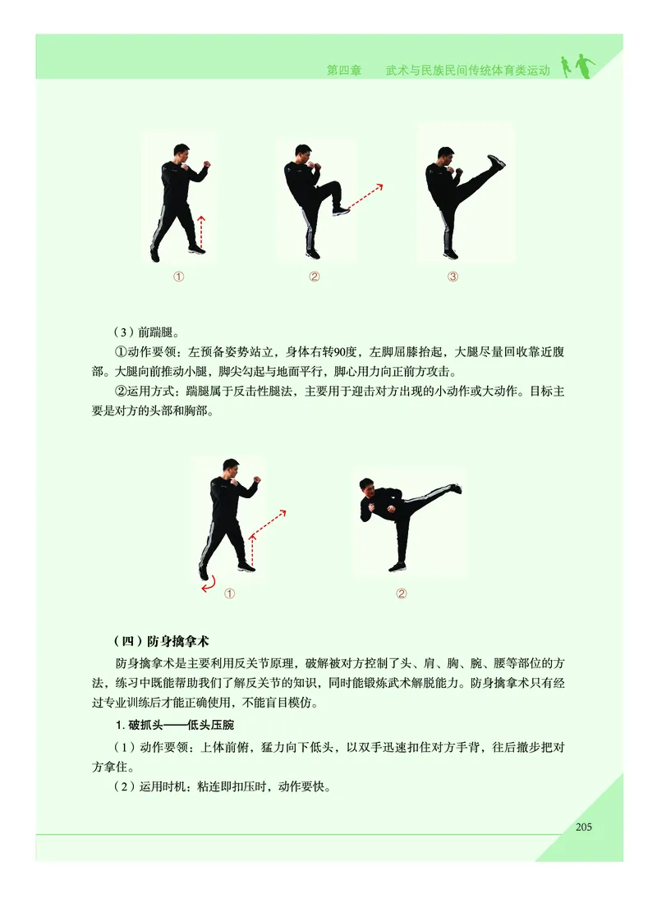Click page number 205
coord(583,827)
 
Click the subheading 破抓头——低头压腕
coord(177,725)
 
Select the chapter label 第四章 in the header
coord(344,71)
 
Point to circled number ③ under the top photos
coord(453,277)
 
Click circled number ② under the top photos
coord(314,277)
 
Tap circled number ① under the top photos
coord(177,277)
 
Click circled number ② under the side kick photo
coord(402,593)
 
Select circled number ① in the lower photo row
coord(230,593)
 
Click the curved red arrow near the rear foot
coord(209,583)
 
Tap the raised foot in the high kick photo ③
coord(495,162)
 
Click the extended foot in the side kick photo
coord(454,489)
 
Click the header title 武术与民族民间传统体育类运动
coord(467,71)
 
